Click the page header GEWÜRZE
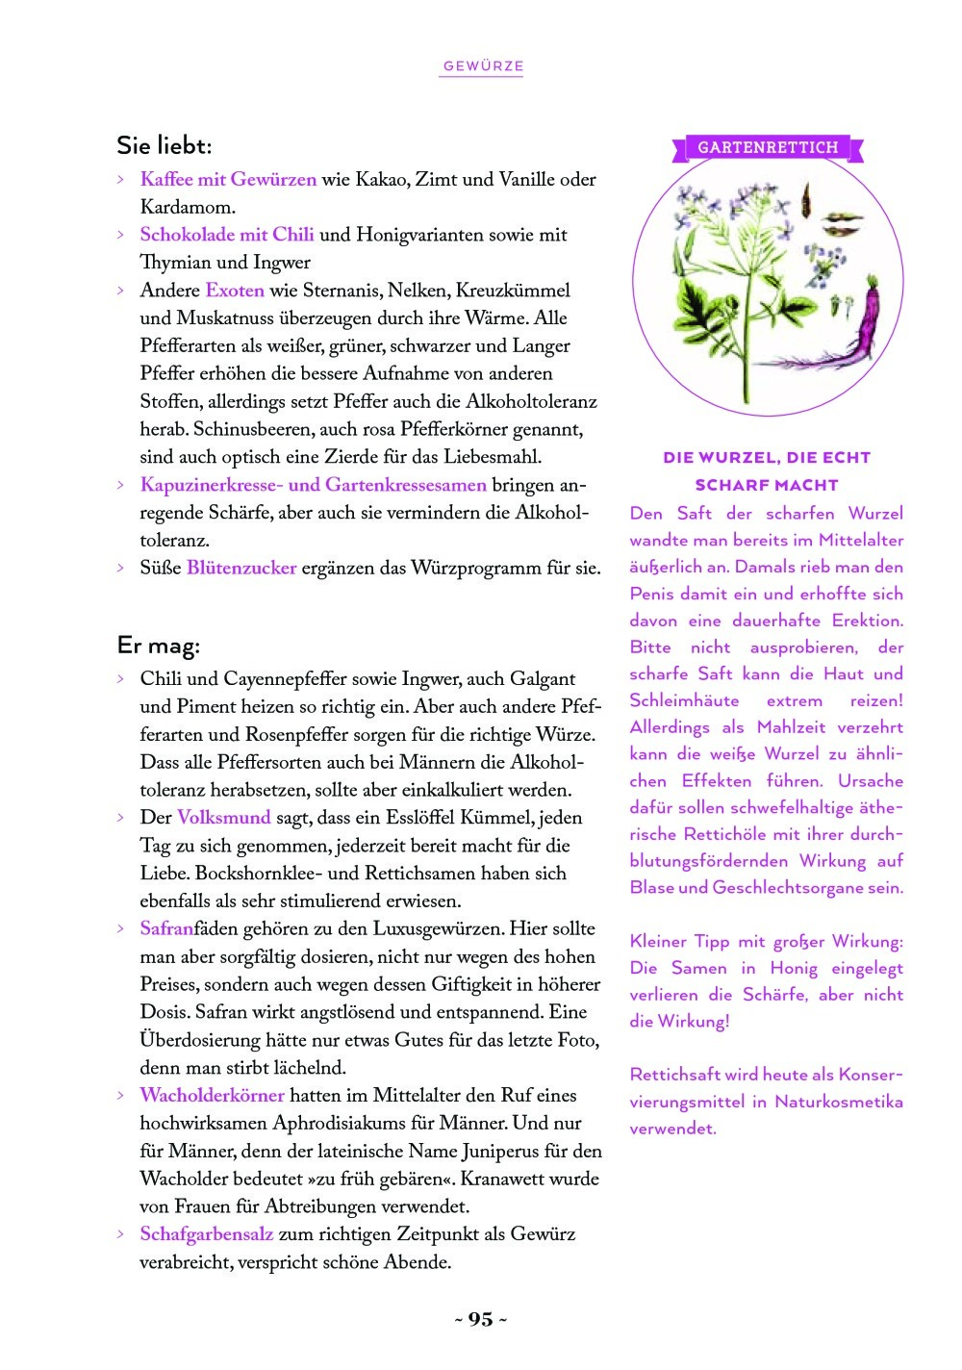pos(483,66)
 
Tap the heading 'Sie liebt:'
pos(164,146)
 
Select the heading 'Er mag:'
pos(158,646)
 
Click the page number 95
pos(480,1319)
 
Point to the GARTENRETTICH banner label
pos(768,148)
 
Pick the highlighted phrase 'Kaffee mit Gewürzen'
pos(228,180)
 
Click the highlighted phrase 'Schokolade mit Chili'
pos(227,235)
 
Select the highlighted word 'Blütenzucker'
pos(241,568)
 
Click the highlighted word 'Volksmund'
pos(224,818)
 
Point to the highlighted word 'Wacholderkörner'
pos(213,1095)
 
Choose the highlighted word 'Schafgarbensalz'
pos(207,1233)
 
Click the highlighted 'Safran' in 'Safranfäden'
pos(166,928)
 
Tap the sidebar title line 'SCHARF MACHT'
pos(767,485)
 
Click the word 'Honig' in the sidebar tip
pos(794,968)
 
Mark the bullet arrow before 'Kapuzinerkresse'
pos(120,485)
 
